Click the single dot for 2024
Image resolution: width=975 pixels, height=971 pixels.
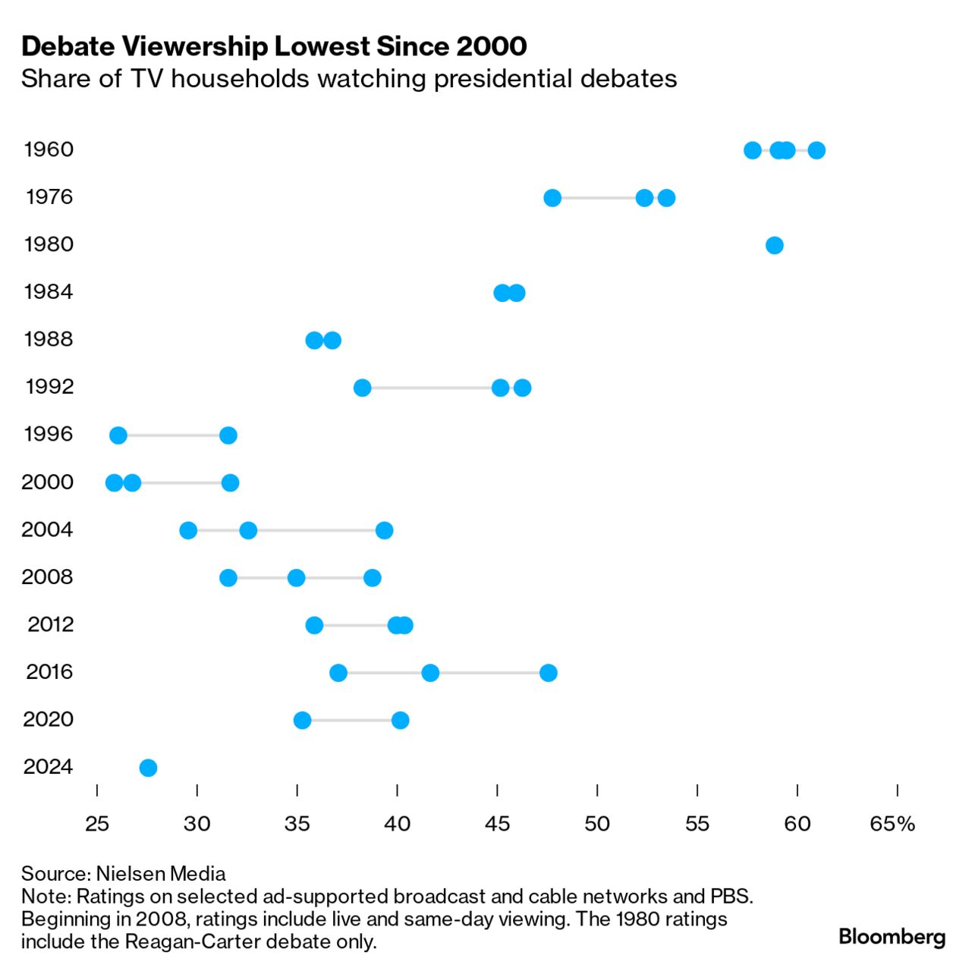[x=148, y=768]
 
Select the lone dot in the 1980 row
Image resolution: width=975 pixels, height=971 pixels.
[x=774, y=245]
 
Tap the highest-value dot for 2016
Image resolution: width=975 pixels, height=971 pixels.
[x=548, y=673]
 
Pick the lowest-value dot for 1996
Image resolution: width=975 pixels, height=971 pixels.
[x=118, y=435]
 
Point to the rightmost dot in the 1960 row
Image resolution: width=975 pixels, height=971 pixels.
[x=816, y=150]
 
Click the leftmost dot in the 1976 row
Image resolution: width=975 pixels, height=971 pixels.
[x=552, y=198]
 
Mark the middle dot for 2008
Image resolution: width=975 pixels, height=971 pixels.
[x=296, y=578]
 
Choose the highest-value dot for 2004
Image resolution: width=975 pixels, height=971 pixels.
[x=385, y=530]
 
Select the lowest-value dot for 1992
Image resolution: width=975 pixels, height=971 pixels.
[x=363, y=388]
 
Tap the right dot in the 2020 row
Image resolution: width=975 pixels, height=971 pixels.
[x=401, y=720]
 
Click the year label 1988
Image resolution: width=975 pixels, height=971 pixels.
[x=49, y=339]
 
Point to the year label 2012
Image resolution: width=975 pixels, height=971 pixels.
[x=51, y=624]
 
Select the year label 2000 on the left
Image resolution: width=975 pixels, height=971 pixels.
[x=47, y=482]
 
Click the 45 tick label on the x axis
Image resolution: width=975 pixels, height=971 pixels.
[x=497, y=824]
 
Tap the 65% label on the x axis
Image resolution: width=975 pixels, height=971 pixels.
[x=893, y=824]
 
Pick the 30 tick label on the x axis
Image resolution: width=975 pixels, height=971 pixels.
[x=197, y=824]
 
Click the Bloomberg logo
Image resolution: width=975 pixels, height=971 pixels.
[x=892, y=937]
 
